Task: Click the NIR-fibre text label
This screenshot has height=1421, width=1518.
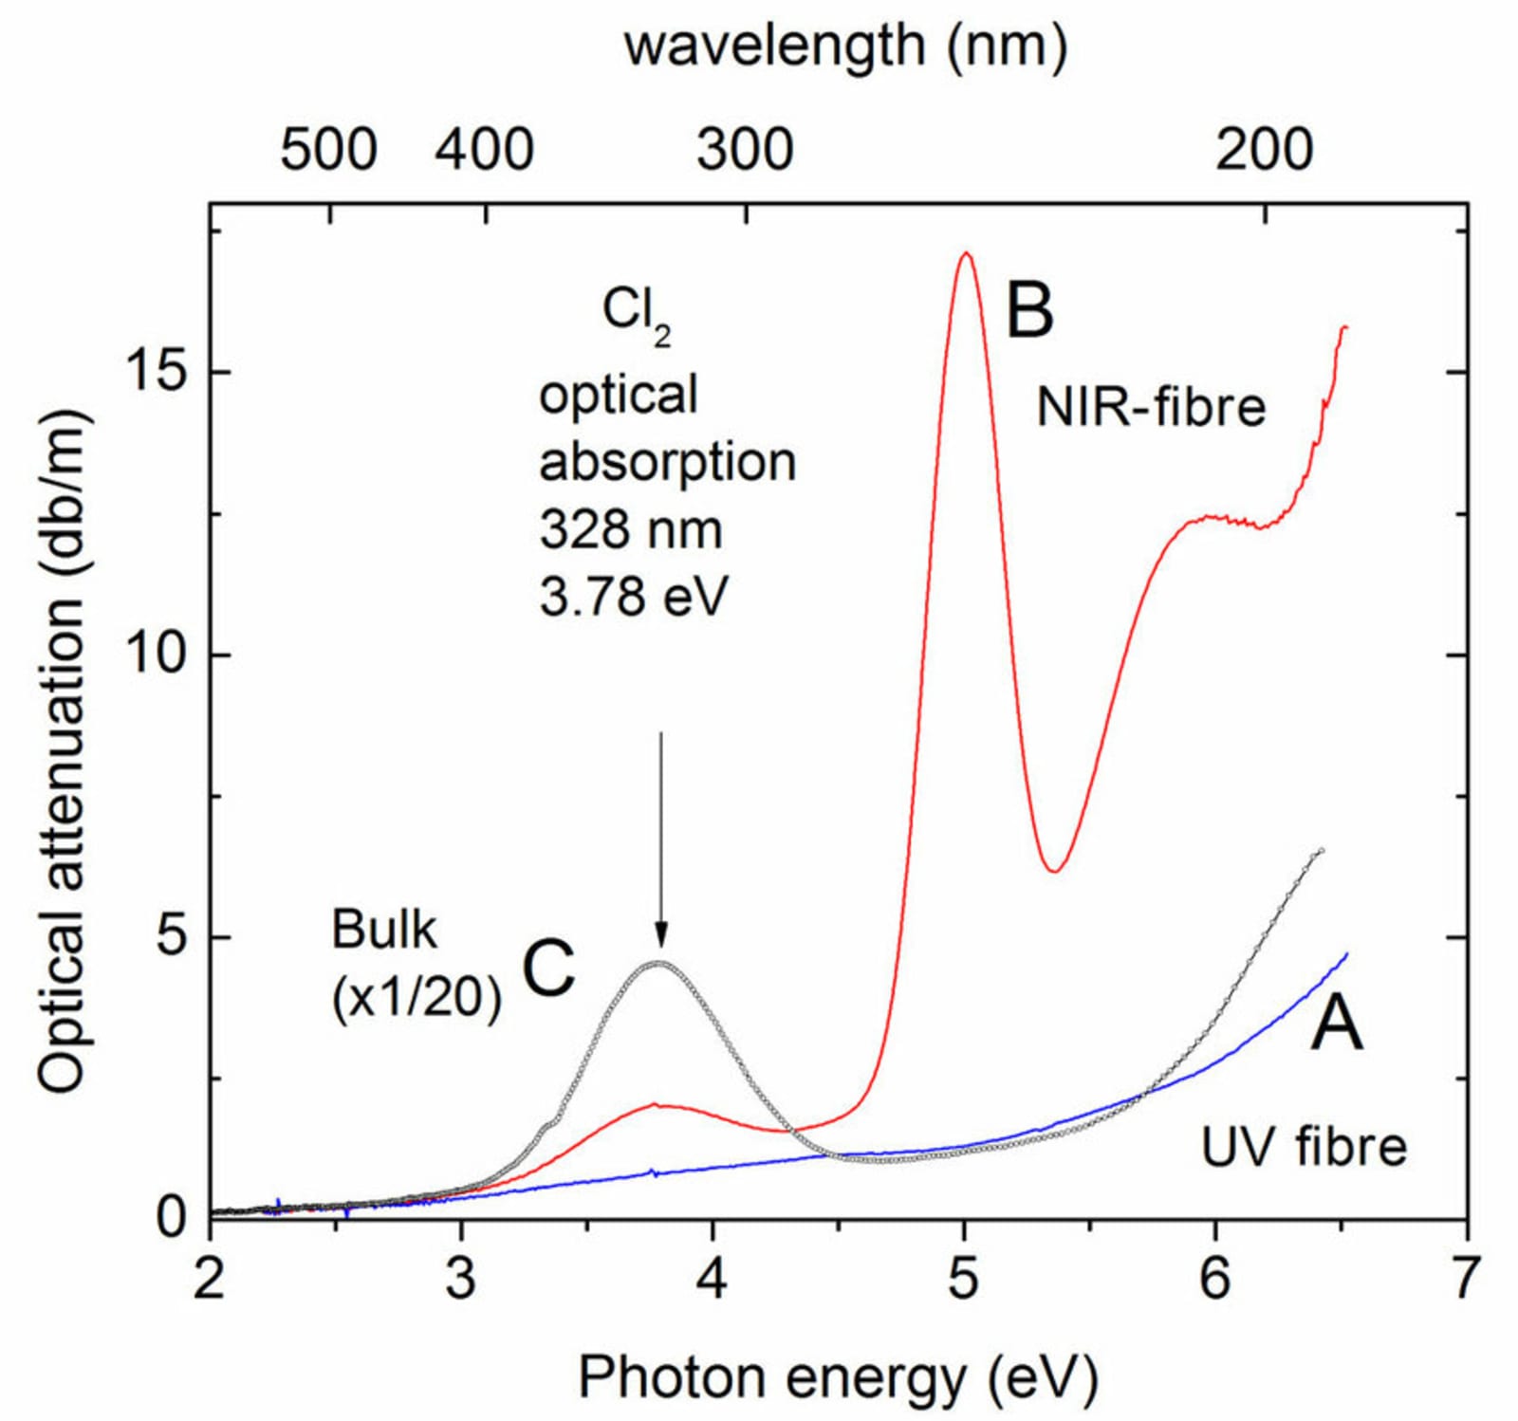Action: pyautogui.click(x=1151, y=407)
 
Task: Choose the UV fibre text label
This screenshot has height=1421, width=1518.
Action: pyautogui.click(x=1304, y=1147)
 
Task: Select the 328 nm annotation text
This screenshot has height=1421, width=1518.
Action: pyautogui.click(x=631, y=528)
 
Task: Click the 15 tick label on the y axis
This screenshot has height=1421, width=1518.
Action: pyautogui.click(x=157, y=373)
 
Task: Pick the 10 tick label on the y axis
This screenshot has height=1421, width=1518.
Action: pyautogui.click(x=157, y=655)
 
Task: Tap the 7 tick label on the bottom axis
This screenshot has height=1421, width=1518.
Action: pyautogui.click(x=1467, y=1279)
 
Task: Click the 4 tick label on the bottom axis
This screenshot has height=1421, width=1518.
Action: pyautogui.click(x=712, y=1279)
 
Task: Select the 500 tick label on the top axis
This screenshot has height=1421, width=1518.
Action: pyautogui.click(x=329, y=150)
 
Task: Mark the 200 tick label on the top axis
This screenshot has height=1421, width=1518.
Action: pyautogui.click(x=1265, y=150)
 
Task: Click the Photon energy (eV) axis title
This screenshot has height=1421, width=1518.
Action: pyautogui.click(x=838, y=1377)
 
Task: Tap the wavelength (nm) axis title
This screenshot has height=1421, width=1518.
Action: pyautogui.click(x=845, y=45)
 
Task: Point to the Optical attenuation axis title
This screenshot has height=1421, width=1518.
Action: pyautogui.click(x=61, y=749)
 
